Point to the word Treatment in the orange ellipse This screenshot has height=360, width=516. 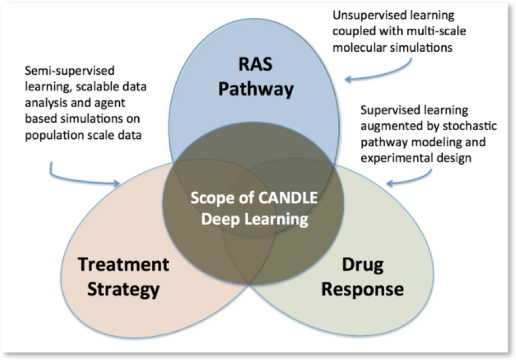[124, 264]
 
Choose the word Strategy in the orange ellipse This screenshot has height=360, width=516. [124, 289]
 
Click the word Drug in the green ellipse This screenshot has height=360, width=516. [362, 264]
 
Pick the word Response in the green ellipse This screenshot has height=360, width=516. [362, 289]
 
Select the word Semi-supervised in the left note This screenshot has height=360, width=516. [70, 71]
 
